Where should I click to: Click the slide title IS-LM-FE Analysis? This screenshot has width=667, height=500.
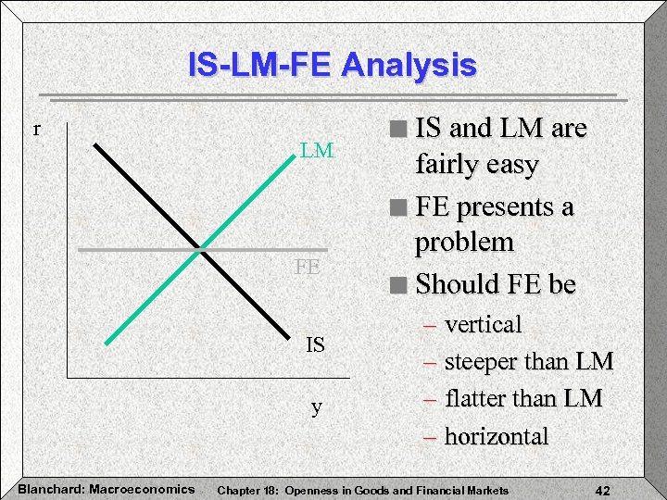[332, 66]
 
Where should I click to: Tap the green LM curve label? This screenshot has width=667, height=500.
[317, 151]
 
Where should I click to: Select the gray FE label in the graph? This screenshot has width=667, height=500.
[308, 268]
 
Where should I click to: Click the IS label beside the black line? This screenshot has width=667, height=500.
[316, 345]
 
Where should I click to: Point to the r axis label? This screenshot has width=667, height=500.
[36, 129]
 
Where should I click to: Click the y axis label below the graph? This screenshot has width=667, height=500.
[317, 406]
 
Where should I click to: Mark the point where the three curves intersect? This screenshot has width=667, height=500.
[200, 249]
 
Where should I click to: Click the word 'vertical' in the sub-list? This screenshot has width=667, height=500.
[483, 325]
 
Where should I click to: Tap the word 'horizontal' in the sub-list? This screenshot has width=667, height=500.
[497, 436]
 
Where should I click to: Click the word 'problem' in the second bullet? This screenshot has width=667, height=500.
[464, 244]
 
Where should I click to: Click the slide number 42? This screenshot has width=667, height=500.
[603, 489]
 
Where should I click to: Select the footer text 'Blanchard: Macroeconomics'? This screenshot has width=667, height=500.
[106, 489]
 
